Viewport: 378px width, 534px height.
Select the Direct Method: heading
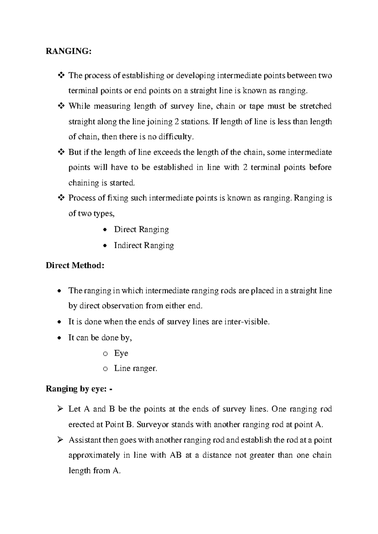75,265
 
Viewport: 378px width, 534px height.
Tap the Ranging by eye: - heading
79,389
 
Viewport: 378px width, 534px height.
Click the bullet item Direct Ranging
141,230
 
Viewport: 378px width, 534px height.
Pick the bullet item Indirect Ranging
144,246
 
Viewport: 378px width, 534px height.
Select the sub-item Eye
121,353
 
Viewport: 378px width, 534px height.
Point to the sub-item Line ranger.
135,368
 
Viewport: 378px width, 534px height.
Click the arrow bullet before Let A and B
60,409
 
